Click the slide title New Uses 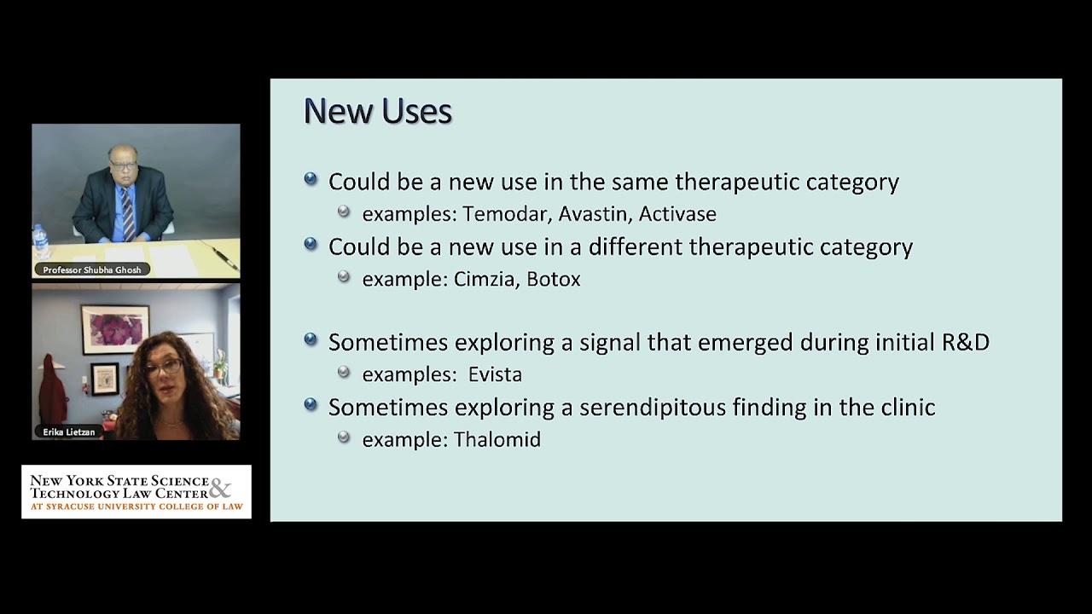377,112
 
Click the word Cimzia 485,280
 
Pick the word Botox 553,280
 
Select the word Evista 495,374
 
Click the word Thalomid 497,440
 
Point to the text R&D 965,343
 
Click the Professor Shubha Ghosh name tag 93,269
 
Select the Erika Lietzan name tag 69,432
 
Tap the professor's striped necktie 127,213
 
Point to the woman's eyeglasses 165,368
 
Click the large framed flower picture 115,329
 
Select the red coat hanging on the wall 52,396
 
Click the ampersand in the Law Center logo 219,489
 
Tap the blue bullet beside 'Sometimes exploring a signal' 311,340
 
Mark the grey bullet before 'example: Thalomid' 344,437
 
